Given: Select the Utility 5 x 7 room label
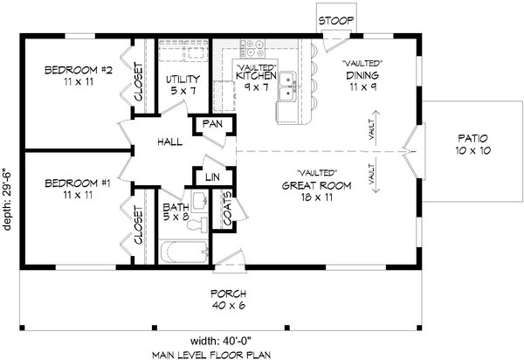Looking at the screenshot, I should click(183, 85).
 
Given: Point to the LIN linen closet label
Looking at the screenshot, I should click(211, 177).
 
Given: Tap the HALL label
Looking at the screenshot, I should click(169, 141).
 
